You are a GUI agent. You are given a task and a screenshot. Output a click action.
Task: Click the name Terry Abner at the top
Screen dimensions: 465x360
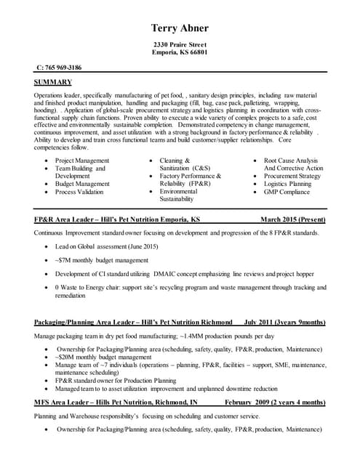(x=180, y=28)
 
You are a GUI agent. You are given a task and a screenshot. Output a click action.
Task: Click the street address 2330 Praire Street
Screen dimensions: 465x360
(x=180, y=45)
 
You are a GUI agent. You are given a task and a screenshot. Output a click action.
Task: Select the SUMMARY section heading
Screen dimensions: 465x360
(x=52, y=82)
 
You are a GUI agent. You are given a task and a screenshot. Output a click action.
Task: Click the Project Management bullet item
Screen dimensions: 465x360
(x=82, y=160)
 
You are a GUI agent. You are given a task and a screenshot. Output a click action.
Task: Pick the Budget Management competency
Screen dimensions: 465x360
(x=82, y=184)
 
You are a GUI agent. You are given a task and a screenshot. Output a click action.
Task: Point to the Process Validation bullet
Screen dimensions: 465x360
(x=81, y=192)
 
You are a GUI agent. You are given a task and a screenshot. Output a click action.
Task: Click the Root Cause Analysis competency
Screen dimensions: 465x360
(x=291, y=160)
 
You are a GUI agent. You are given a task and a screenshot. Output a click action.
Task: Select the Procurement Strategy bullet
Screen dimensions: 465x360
(x=292, y=176)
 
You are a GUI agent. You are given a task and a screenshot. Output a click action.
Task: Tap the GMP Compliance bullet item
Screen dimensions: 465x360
(x=287, y=192)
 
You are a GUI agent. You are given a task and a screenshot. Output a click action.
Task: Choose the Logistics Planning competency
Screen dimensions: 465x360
(x=287, y=184)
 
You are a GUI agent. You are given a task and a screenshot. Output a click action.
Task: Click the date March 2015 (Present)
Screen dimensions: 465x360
(x=293, y=219)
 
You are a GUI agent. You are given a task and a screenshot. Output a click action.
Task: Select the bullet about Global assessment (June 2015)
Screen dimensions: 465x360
(x=106, y=247)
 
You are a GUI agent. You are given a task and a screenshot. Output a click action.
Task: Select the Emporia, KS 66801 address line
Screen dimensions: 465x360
(x=180, y=53)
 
